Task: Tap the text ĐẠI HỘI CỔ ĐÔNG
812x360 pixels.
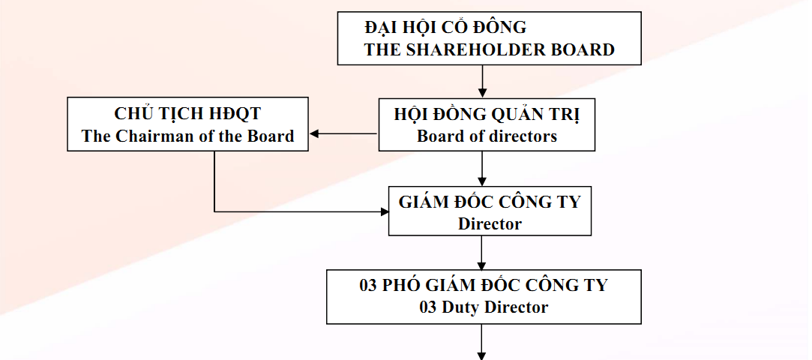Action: (x=445, y=26)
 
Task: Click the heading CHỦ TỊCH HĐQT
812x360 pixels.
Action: (x=187, y=113)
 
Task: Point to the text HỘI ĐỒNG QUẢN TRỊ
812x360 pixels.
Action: (x=487, y=115)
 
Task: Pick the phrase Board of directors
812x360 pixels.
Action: (x=487, y=136)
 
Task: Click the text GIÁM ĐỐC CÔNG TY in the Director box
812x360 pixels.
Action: (x=490, y=202)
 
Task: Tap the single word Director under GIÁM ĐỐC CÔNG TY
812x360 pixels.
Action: (x=490, y=223)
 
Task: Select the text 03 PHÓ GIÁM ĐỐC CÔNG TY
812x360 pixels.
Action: (x=483, y=285)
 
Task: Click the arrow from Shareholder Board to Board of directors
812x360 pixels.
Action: (x=482, y=81)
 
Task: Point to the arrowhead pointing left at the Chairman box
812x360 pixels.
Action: (x=314, y=133)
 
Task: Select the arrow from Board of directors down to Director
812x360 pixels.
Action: (x=482, y=169)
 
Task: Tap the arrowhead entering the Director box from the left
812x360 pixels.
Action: (x=385, y=211)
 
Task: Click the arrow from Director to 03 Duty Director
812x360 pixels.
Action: (x=482, y=253)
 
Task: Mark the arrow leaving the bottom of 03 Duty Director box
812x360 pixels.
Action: (x=482, y=342)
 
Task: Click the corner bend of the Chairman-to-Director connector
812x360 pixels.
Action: (x=214, y=211)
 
